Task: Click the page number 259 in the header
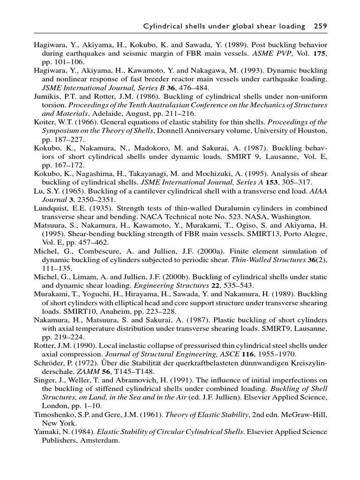tap(319, 26)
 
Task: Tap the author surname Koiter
tap(44, 122)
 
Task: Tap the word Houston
tap(313, 130)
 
